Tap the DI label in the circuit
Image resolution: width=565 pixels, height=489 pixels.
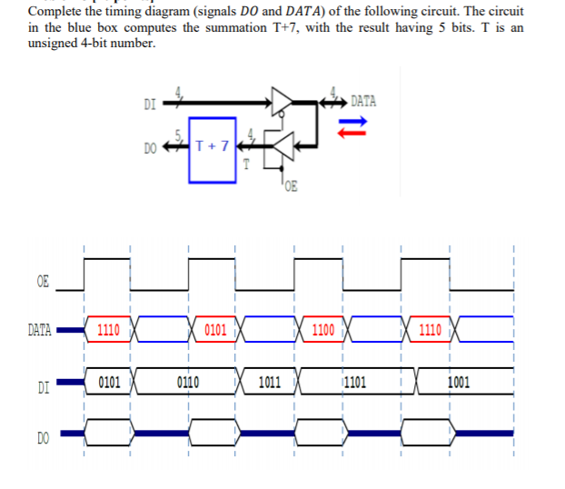click(x=149, y=104)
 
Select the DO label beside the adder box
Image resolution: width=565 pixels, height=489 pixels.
click(x=150, y=146)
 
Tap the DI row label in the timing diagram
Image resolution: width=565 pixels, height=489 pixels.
click(x=42, y=386)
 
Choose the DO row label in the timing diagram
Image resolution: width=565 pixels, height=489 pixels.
click(x=43, y=440)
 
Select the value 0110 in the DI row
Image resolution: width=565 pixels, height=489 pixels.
click(x=188, y=383)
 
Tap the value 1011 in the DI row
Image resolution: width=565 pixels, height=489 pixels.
click(x=270, y=383)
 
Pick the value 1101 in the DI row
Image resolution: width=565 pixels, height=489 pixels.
click(x=353, y=383)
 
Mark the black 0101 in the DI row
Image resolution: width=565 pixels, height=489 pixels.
click(x=109, y=383)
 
